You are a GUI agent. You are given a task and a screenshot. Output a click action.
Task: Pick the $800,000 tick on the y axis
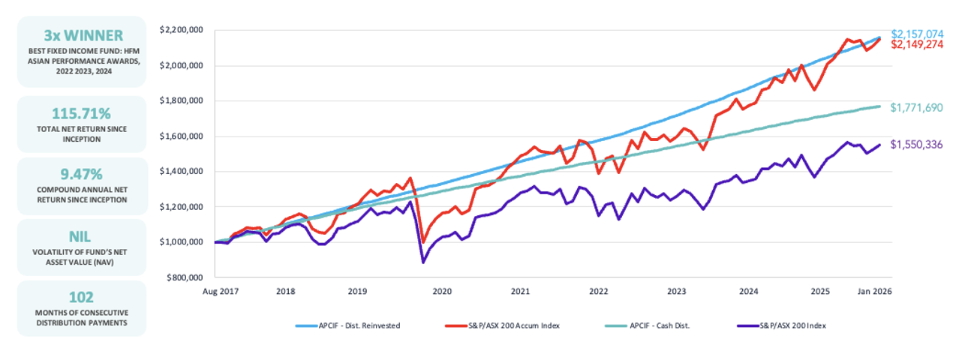pos(187,277)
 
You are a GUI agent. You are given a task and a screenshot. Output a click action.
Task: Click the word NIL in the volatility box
pos(81,237)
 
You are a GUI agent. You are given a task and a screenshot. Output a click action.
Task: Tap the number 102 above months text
pos(81,297)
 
